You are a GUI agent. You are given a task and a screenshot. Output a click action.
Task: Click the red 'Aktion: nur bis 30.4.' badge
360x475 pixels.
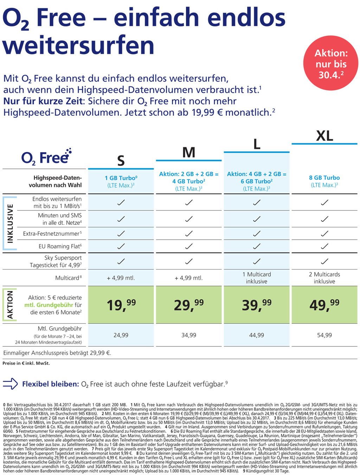pyautogui.click(x=330, y=64)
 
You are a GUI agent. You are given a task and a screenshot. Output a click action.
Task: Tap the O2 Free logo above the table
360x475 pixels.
pyautogui.click(x=46, y=157)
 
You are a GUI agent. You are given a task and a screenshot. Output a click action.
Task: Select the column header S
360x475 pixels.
pyautogui.click(x=121, y=161)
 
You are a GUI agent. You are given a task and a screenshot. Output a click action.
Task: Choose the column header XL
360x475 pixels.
pyautogui.click(x=324, y=136)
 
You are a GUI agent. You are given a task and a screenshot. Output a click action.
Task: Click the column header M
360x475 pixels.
pyautogui.click(x=188, y=152)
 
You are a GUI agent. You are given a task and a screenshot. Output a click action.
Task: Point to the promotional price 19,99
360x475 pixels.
pyautogui.click(x=121, y=305)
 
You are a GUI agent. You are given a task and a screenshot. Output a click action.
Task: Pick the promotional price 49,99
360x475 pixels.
pyautogui.click(x=324, y=305)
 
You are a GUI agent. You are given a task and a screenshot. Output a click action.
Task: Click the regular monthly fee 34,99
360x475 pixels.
pyautogui.click(x=188, y=335)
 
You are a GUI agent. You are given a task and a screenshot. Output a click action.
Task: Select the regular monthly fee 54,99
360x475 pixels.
pyautogui.click(x=324, y=335)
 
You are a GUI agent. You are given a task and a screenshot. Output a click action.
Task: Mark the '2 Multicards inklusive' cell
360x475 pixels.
pyautogui.click(x=324, y=278)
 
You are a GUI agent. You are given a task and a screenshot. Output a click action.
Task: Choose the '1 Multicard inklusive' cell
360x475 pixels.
pyautogui.click(x=257, y=278)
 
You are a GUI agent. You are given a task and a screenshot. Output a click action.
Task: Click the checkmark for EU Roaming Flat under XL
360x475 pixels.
pyautogui.click(x=324, y=246)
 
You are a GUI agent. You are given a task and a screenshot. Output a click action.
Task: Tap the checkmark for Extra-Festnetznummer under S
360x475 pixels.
pyautogui.click(x=121, y=233)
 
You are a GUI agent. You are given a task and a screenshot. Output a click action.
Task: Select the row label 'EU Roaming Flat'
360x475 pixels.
pyautogui.click(x=60, y=246)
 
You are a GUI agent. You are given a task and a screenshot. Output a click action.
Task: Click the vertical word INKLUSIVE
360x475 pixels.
pyautogui.click(x=10, y=223)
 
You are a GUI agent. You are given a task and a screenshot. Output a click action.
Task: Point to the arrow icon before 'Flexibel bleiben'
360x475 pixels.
pyautogui.click(x=10, y=384)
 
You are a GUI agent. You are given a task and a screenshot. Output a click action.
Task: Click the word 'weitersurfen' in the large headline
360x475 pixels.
pyautogui.click(x=79, y=45)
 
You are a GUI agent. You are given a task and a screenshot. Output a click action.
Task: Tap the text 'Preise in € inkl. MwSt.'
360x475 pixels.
pyautogui.click(x=26, y=363)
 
